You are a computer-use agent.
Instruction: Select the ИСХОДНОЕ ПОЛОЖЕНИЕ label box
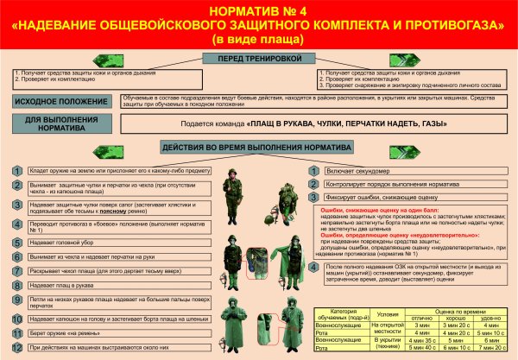tap(66, 102)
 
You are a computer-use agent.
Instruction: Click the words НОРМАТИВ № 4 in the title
tap(258, 10)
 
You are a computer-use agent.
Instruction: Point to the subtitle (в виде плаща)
tap(258, 40)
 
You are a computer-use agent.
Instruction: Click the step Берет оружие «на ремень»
tap(60, 332)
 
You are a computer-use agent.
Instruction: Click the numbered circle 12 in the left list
tap(16, 347)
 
